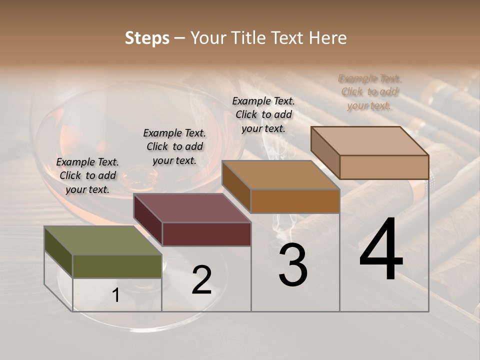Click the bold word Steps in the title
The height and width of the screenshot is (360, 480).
coord(147,38)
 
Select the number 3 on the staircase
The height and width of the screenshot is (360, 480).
coord(293,265)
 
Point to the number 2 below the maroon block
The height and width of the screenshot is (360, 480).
coord(202,280)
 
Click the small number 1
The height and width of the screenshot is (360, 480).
coord(116,295)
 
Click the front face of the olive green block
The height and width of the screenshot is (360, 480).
coord(117,266)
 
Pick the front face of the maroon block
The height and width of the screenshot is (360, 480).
coord(206,234)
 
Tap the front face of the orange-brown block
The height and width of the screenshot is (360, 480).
coord(295,201)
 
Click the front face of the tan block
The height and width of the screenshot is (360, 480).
coord(384,166)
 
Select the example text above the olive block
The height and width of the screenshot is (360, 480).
coord(87,175)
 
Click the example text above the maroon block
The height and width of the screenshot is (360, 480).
coord(174,146)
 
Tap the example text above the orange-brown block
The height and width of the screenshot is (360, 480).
coord(263,114)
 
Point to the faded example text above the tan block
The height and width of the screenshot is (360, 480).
coord(369,92)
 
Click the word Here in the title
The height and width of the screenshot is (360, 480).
coord(327,38)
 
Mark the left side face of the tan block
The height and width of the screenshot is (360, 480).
coord(325,152)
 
